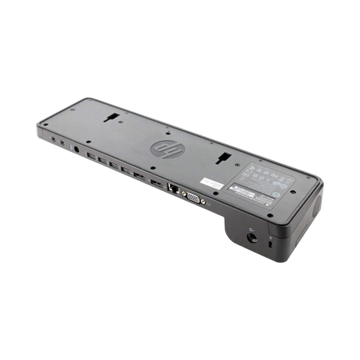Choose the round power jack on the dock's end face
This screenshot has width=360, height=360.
(251, 235)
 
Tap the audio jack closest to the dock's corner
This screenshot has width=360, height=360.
(53, 138)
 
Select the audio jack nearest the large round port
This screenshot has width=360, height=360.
(63, 142)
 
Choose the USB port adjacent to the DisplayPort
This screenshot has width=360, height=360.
(125, 170)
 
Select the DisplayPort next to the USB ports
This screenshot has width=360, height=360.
(139, 175)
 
